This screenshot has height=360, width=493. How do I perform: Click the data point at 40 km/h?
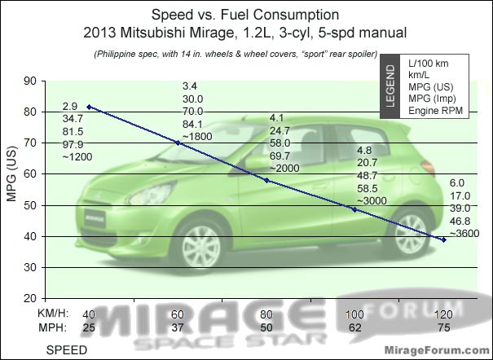coord(89,107)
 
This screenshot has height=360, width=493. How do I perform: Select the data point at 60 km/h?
coord(178,143)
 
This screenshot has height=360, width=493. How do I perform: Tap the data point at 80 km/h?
coord(266,180)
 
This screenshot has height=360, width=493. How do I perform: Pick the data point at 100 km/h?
coord(354,209)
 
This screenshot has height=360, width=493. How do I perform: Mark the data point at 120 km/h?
coord(443,239)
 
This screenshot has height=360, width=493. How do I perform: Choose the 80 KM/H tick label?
coord(266,313)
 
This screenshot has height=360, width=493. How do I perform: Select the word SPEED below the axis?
coord(66,349)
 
